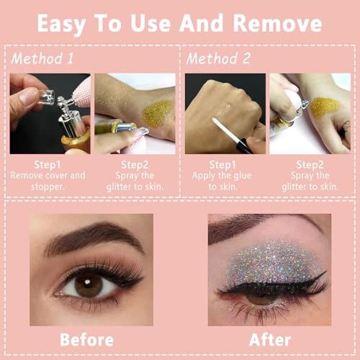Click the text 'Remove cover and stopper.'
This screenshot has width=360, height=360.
[49, 181]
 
